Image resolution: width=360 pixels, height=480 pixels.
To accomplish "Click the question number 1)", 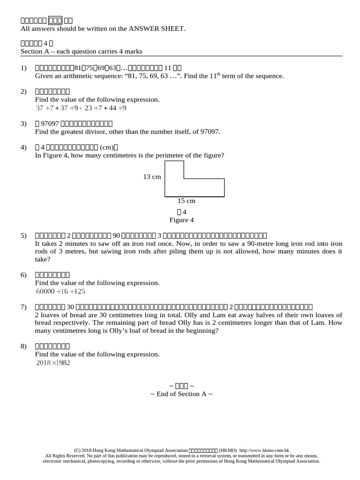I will pyautogui.click(x=24, y=68).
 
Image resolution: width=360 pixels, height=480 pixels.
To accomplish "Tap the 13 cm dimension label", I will pyautogui.click(x=152, y=177).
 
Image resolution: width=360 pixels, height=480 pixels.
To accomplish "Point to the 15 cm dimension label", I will pyautogui.click(x=186, y=201).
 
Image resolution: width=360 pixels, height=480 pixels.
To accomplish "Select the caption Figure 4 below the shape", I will pyautogui.click(x=181, y=220).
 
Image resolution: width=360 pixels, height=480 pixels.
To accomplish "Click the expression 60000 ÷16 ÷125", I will pyautogui.click(x=60, y=291).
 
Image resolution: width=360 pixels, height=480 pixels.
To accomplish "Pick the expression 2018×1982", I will pyautogui.click(x=52, y=362).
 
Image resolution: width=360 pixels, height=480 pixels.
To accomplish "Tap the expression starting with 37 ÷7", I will pyautogui.click(x=81, y=108).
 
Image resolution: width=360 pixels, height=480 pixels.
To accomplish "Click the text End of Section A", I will pyautogui.click(x=181, y=394).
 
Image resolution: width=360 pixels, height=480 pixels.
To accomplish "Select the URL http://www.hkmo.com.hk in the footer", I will pyautogui.click(x=264, y=450).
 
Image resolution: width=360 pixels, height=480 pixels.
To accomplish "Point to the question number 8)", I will pyautogui.click(x=24, y=346).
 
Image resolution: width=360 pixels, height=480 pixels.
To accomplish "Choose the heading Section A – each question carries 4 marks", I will pyautogui.click(x=82, y=51).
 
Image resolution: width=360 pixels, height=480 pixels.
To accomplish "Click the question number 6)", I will pyautogui.click(x=24, y=275).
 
